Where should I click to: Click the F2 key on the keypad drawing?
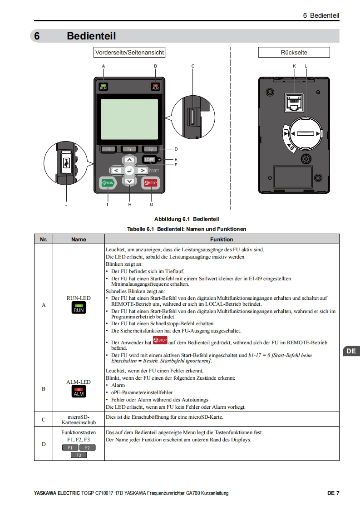pyautogui.click(x=129, y=149)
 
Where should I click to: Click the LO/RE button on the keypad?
pyautogui.click(x=150, y=160)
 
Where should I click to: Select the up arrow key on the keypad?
pyautogui.click(x=130, y=160)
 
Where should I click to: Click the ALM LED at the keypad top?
pyautogui.click(x=156, y=87)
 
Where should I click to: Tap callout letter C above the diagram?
pyautogui.click(x=193, y=66)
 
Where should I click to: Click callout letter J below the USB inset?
pyautogui.click(x=66, y=205)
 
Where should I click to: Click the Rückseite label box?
pyautogui.click(x=294, y=53)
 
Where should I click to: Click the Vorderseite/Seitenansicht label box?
pyautogui.click(x=129, y=53)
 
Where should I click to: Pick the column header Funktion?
pyautogui.click(x=222, y=239)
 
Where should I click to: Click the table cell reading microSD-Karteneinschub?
pyautogui.click(x=79, y=419)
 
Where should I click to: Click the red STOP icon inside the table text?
pyautogui.click(x=160, y=340)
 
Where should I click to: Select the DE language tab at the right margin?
pyautogui.click(x=350, y=351)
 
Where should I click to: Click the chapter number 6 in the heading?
pyautogui.click(x=37, y=36)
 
